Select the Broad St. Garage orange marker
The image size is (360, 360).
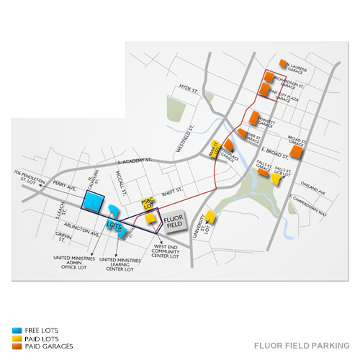pyautogui.click(x=296, y=152)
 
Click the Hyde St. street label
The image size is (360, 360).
pyautogui.click(x=189, y=89)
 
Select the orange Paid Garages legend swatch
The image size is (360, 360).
pyautogui.click(x=17, y=346)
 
